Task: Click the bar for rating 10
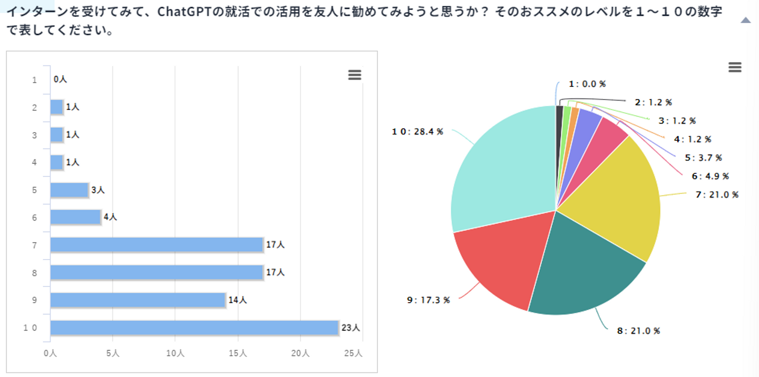pos(194,328)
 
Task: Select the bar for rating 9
pos(138,300)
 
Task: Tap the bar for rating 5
pos(69,190)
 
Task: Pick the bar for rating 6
pos(75,217)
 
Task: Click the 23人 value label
pos(351,328)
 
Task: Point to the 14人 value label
pos(237,300)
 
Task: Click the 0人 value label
pos(60,80)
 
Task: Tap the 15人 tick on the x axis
pos(238,353)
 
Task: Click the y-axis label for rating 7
pos(34,245)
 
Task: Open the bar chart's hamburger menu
pos(355,75)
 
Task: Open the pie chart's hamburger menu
pos(734,67)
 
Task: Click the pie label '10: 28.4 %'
pos(417,132)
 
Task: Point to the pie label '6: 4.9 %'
pos(710,176)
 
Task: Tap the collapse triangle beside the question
pos(745,21)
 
